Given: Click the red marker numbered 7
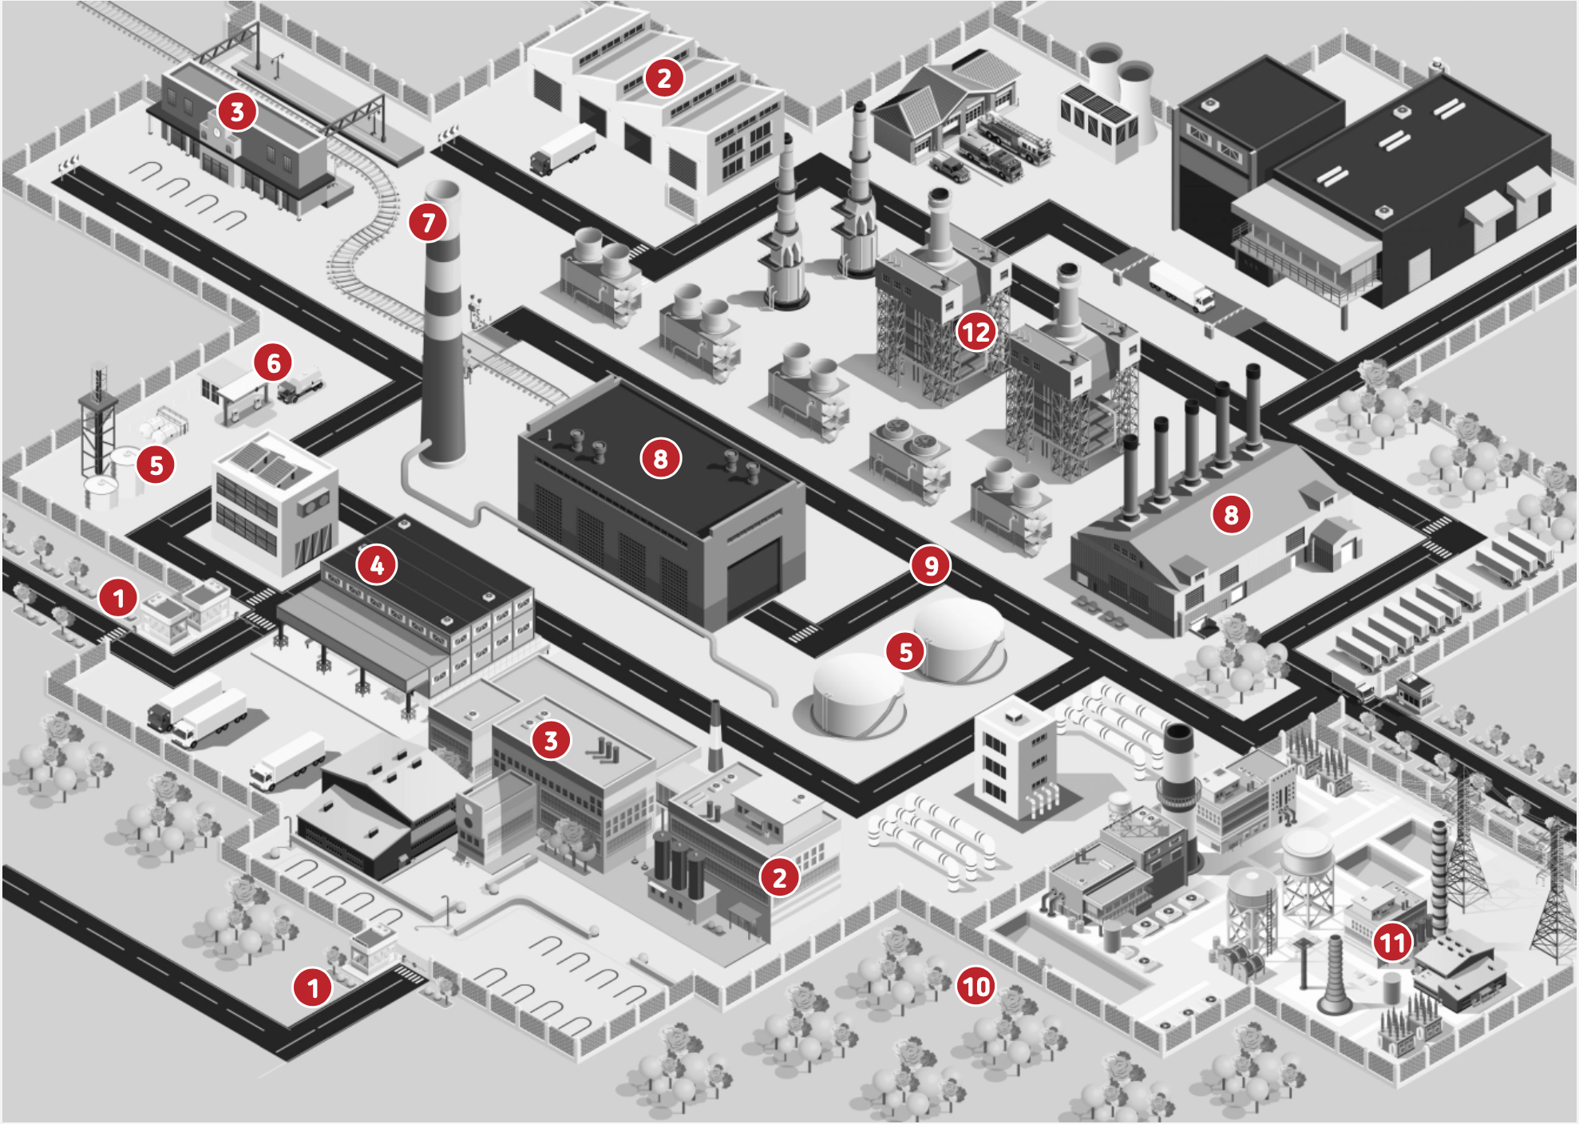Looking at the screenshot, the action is pyautogui.click(x=429, y=222).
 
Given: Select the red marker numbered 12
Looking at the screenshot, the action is pyautogui.click(x=976, y=331).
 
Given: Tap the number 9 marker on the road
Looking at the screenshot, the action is pyautogui.click(x=931, y=564).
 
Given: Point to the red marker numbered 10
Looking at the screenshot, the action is pyautogui.click(x=976, y=987).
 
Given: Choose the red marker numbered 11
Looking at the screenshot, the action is pyautogui.click(x=1393, y=942).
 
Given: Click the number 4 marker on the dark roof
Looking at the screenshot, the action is pyautogui.click(x=377, y=565).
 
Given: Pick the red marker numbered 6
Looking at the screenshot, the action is pyautogui.click(x=274, y=362).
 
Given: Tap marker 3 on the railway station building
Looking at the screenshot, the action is pyautogui.click(x=237, y=111).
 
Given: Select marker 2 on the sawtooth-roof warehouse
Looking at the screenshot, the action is pyautogui.click(x=664, y=77).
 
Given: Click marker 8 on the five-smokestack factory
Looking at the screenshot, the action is pyautogui.click(x=1232, y=514).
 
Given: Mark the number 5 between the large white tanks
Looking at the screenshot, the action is pyautogui.click(x=905, y=651).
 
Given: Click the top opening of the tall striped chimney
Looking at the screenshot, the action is pyautogui.click(x=442, y=191).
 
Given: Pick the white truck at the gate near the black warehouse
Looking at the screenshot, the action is pyautogui.click(x=1181, y=287).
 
